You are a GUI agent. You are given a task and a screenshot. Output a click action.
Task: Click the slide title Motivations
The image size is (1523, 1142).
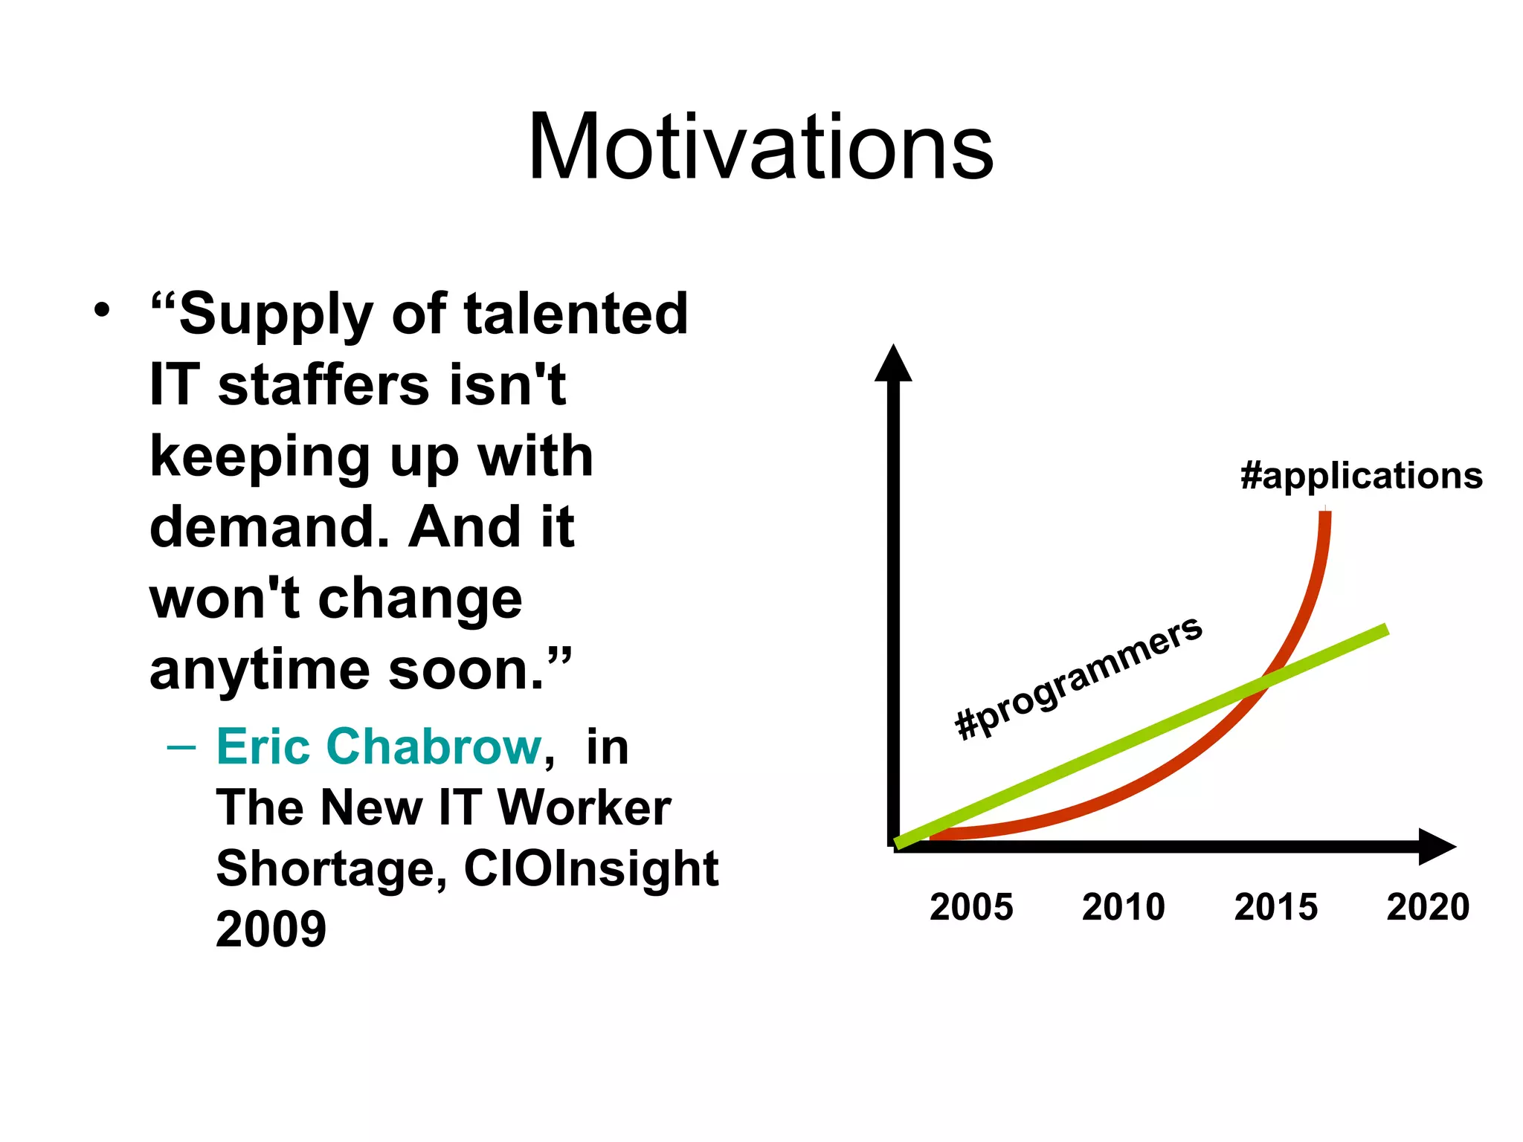coord(760,146)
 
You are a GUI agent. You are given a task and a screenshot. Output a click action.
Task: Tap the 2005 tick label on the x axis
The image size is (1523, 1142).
coord(971,907)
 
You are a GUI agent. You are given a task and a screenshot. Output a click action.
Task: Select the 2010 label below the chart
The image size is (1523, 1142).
coord(1123,907)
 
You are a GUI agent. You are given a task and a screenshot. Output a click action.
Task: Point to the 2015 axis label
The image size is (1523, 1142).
coord(1275,907)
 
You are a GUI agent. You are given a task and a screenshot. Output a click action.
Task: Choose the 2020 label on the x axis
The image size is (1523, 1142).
coord(1428,907)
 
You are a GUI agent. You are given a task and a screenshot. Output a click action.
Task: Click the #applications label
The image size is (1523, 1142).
coord(1361,476)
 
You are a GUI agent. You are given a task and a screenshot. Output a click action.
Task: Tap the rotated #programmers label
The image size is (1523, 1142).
coord(1078,678)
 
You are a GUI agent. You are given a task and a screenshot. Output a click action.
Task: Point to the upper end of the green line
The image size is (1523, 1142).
coord(1385,630)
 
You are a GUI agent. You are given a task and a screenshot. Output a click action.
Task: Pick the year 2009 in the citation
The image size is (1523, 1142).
coord(271,929)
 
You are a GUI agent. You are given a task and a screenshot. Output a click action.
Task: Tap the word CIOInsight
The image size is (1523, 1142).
coord(591,868)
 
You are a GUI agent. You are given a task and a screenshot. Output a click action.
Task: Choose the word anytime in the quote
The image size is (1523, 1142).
coord(260,670)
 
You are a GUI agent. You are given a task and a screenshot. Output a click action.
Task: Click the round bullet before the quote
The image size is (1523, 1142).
coord(102,309)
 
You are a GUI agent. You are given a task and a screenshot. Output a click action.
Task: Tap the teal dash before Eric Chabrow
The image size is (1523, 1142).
coord(181,746)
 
